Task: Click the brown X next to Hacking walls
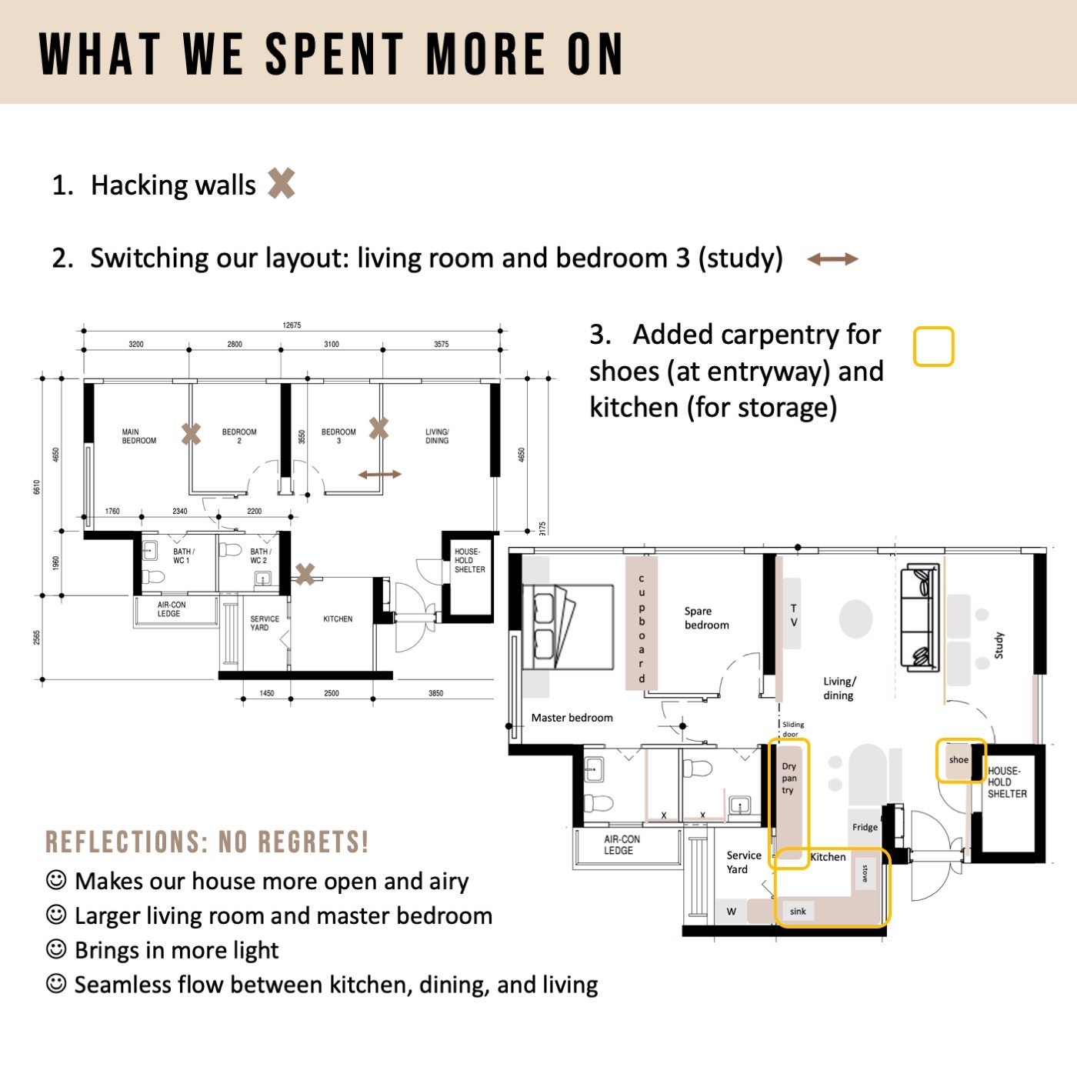coord(282,184)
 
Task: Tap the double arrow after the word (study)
coord(832,259)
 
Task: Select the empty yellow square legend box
coord(933,347)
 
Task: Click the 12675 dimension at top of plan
coord(292,325)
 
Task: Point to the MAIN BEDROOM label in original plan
coord(138,436)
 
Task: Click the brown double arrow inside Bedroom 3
coord(379,475)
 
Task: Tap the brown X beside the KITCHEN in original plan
coord(305,573)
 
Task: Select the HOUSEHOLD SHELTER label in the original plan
coord(469,561)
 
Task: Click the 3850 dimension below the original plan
coord(435,693)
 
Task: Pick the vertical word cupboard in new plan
coord(642,628)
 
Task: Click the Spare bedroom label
coord(706,619)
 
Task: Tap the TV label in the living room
coord(794,615)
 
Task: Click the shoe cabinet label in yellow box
coord(959,760)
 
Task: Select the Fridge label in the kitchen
coord(865,828)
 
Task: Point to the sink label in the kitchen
coord(798,912)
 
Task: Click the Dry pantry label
coord(789,778)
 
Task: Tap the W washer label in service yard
coord(731,912)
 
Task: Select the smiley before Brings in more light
coord(56,949)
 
